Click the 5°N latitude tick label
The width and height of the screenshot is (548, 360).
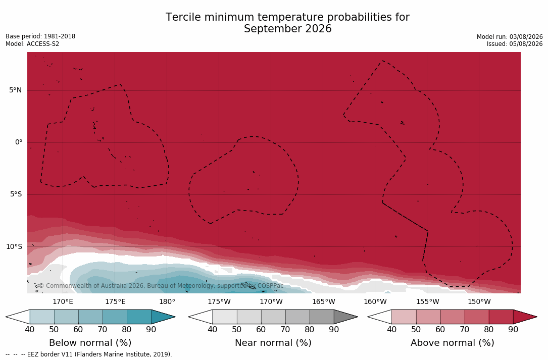coord(15,90)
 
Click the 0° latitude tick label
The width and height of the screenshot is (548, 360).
coord(19,142)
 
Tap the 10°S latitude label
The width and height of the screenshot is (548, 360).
coord(14,247)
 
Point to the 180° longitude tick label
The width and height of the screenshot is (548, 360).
coord(167,301)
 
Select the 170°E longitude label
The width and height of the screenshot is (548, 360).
coord(63,301)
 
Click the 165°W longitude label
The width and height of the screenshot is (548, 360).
coord(324,301)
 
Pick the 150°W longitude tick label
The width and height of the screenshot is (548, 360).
coord(479,301)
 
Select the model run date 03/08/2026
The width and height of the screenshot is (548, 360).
coord(526,37)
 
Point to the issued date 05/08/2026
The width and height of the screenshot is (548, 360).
coord(526,44)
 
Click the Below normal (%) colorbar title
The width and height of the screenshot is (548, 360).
coord(90,343)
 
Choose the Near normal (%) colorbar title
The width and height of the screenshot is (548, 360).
coord(273,343)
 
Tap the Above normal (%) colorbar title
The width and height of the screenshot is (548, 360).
coord(452,343)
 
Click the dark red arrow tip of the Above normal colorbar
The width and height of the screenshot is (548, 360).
coord(536,317)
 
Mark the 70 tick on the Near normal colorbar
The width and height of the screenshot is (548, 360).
coord(285,329)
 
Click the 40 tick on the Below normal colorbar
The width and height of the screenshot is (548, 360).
coord(30,329)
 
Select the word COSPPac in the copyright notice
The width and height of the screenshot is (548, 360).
coord(270,286)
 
